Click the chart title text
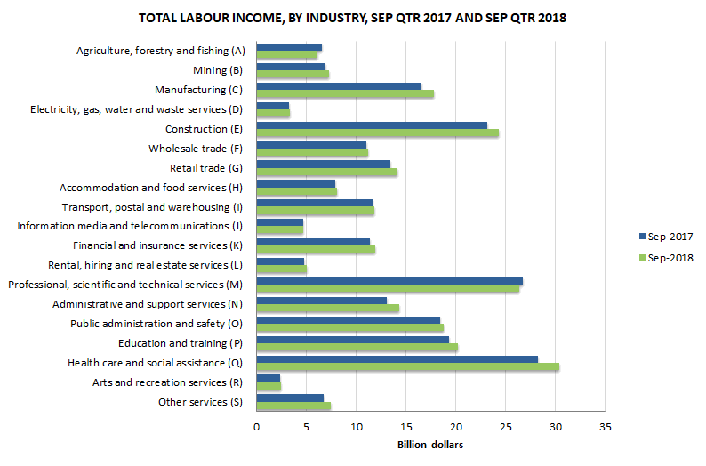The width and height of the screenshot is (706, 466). (x=352, y=18)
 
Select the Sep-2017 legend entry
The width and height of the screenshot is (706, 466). (x=665, y=237)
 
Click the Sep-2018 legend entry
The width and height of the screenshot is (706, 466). (x=665, y=258)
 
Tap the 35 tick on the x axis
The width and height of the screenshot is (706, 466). (x=605, y=426)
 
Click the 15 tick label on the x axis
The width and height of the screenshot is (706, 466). (x=405, y=426)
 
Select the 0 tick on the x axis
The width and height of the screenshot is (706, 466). (x=256, y=426)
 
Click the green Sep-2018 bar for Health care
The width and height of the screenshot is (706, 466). (x=407, y=366)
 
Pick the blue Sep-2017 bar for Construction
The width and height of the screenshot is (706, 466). (x=372, y=125)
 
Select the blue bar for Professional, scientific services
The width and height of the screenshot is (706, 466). (x=389, y=281)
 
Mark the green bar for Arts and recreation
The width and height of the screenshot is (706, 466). (x=269, y=387)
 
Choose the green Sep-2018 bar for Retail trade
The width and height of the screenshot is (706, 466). (x=326, y=173)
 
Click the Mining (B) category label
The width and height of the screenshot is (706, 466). (x=216, y=70)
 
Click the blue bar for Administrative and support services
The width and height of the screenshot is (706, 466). (x=321, y=301)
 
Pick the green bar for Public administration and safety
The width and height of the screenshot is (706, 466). (x=349, y=327)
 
